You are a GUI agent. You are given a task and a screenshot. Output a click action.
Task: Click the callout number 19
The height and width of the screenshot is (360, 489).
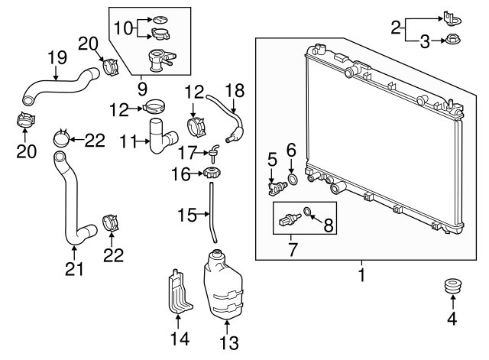click(x=57, y=58)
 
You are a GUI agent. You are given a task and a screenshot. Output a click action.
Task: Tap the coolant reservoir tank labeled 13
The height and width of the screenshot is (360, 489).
click(x=223, y=285)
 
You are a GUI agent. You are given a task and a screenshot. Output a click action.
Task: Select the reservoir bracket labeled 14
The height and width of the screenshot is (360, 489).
click(x=178, y=292)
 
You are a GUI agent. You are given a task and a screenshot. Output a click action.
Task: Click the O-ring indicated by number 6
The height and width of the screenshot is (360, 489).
click(x=293, y=180)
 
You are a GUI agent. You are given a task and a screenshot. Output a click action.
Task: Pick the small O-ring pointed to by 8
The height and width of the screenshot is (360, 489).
click(x=307, y=212)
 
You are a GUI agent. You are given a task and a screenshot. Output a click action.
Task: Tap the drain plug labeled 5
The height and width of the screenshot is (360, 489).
click(x=277, y=187)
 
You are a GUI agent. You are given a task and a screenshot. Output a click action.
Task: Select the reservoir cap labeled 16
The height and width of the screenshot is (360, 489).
click(x=212, y=173)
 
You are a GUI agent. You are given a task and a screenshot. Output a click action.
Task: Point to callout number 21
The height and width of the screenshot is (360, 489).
click(x=75, y=268)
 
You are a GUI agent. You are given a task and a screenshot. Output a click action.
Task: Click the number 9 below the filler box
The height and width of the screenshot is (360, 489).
click(x=142, y=89)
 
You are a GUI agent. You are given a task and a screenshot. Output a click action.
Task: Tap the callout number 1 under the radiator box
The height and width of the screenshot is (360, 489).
click(x=361, y=275)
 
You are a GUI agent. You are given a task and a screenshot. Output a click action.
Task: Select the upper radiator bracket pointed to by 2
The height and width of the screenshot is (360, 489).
click(x=452, y=18)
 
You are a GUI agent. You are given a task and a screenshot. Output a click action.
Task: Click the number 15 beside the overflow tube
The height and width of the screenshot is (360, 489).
click(x=186, y=215)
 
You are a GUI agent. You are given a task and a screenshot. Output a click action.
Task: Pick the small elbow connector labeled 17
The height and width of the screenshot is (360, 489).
click(x=214, y=153)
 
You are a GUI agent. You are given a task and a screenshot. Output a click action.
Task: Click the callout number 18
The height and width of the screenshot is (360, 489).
click(x=235, y=91)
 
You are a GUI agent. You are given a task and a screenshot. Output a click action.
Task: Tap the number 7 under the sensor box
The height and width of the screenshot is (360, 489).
click(x=292, y=250)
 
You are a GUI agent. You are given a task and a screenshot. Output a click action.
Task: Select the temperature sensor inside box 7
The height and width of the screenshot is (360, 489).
click(x=290, y=219)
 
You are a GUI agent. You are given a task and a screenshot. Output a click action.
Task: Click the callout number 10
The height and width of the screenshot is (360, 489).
click(x=124, y=28)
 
